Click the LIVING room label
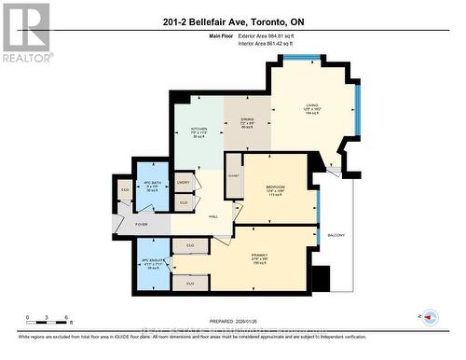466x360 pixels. pyautogui.click(x=312, y=106)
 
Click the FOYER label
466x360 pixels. pyautogui.click(x=142, y=224)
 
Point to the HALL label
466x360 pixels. pyautogui.click(x=212, y=215)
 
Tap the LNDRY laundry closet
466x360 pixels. pyautogui.click(x=184, y=183)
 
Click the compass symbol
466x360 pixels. pyautogui.click(x=430, y=318)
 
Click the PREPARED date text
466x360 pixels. pyautogui.click(x=232, y=314)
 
